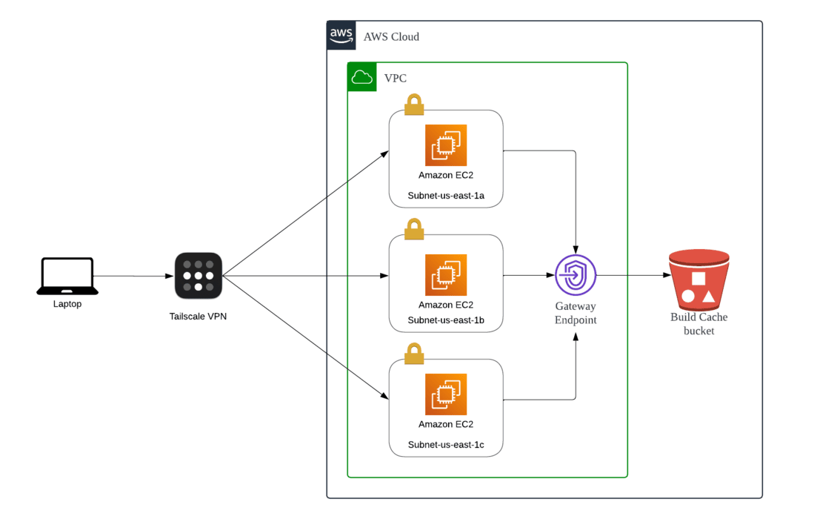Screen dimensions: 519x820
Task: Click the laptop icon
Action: [67, 277]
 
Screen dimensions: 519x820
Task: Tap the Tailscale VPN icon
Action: [199, 276]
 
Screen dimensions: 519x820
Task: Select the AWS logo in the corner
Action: [341, 35]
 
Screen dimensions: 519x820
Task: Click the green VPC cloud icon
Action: [362, 77]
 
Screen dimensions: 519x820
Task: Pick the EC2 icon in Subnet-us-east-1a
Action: [446, 145]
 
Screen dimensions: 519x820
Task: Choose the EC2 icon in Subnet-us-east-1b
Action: [446, 275]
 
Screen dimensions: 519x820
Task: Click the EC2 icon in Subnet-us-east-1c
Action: [446, 394]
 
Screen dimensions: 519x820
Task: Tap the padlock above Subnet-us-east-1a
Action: [413, 105]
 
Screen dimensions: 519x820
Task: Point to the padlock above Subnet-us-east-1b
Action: [413, 229]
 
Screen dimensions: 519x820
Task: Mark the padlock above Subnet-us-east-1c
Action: [413, 354]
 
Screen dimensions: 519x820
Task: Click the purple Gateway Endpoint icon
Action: [576, 275]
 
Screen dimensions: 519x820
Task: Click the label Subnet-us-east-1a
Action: [446, 196]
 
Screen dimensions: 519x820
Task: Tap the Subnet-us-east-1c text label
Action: [446, 445]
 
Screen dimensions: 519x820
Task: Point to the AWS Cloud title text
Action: [391, 36]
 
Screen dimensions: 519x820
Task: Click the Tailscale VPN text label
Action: [198, 317]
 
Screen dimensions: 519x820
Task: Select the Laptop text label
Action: [67, 304]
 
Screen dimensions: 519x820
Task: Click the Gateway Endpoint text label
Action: [576, 313]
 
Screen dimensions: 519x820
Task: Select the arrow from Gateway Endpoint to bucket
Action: [630, 276]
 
